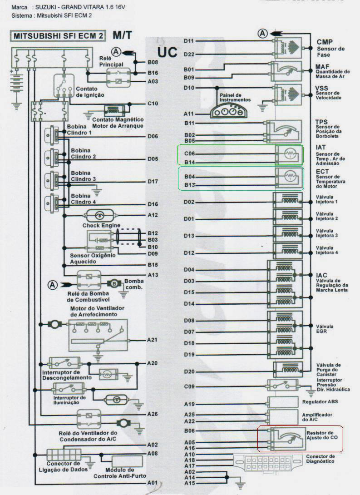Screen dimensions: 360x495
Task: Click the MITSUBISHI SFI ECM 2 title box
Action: click(58, 36)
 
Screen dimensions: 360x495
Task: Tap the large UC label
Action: click(167, 52)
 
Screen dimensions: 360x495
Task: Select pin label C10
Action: click(153, 104)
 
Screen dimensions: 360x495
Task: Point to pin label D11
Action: click(189, 41)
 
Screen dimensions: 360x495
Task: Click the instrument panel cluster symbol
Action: click(229, 111)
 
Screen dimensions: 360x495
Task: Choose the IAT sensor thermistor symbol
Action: click(289, 154)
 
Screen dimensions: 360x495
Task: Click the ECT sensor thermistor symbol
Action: click(289, 176)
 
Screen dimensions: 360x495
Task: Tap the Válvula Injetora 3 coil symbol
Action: click(287, 234)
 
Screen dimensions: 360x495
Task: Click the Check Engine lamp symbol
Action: click(100, 216)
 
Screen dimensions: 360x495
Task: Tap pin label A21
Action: click(152, 340)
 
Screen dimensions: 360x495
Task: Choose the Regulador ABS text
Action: click(320, 402)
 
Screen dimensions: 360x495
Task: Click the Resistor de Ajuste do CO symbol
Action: click(286, 439)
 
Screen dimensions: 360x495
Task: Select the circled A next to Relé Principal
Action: click(116, 52)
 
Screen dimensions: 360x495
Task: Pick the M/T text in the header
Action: click(123, 35)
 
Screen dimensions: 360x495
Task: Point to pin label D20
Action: click(189, 372)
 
